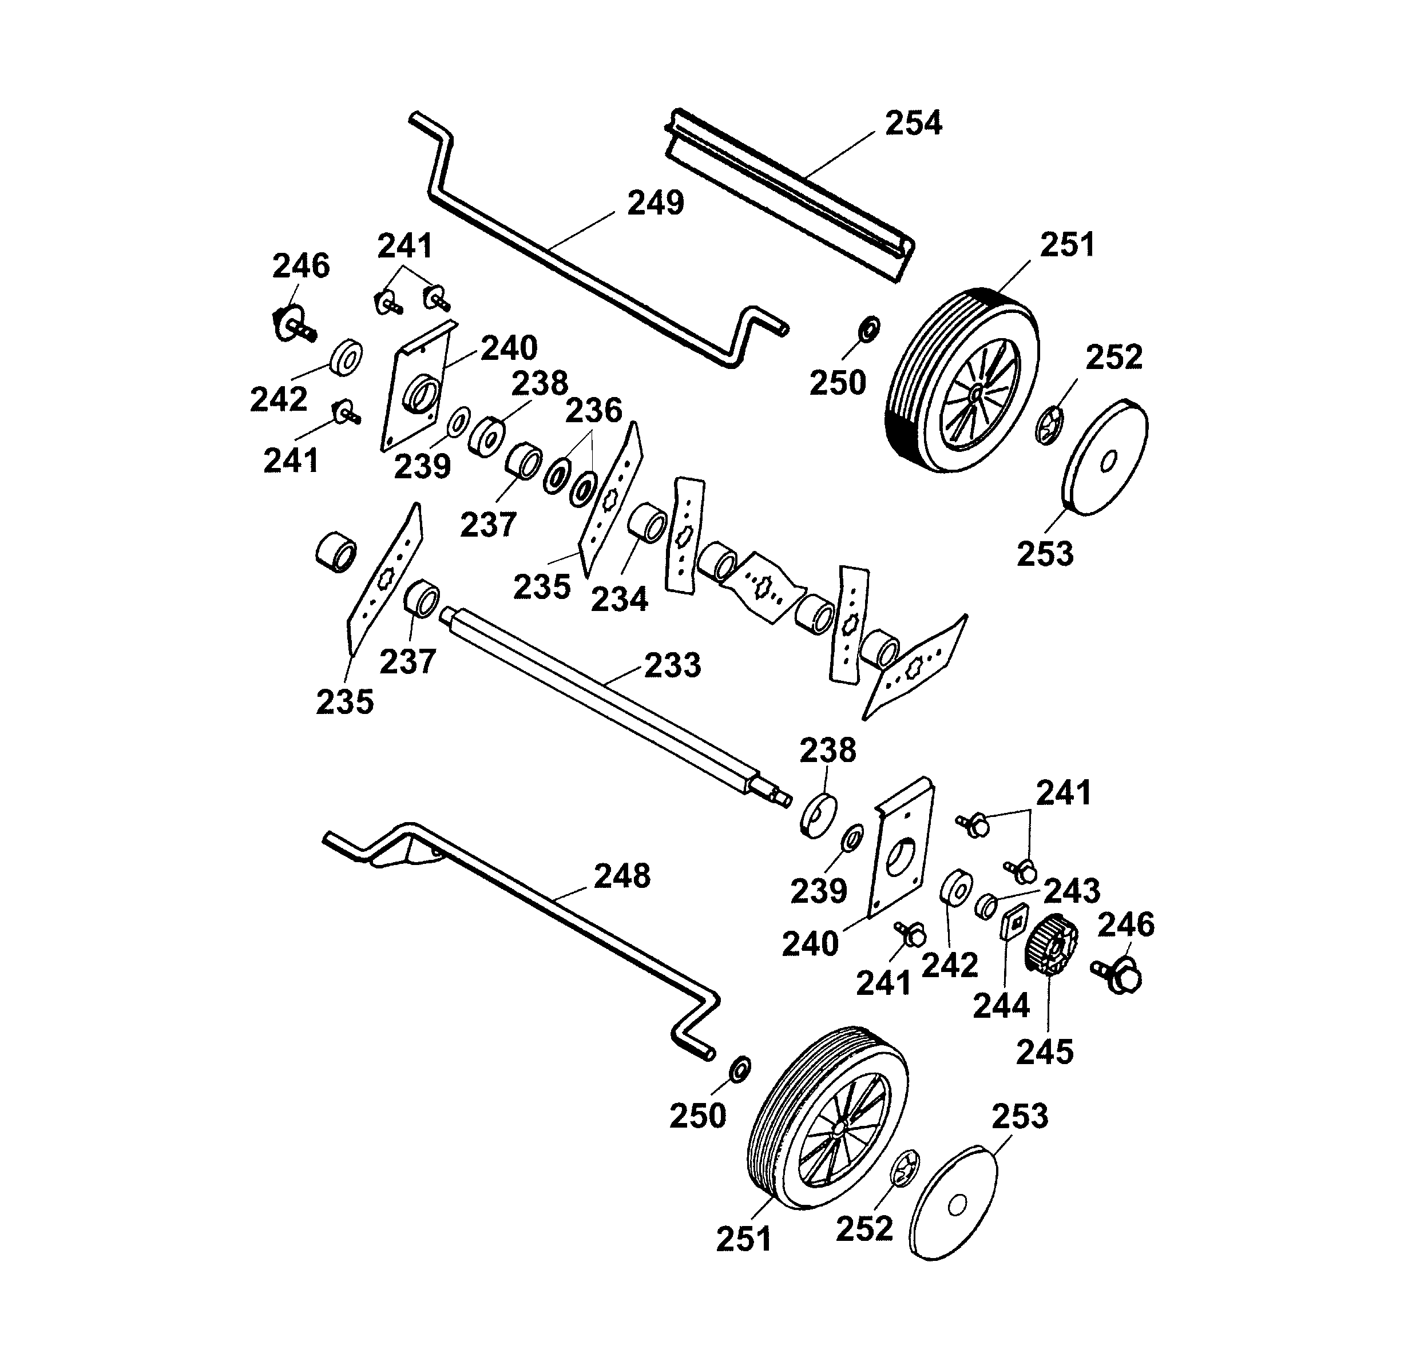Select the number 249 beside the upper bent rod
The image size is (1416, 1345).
click(x=655, y=204)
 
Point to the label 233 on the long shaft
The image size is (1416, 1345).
click(x=672, y=665)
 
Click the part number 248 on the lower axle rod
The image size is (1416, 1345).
click(x=621, y=876)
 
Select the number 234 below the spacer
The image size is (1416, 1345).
click(x=618, y=598)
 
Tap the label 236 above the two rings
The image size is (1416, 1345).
click(x=594, y=411)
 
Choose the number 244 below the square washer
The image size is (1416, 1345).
click(x=1001, y=1006)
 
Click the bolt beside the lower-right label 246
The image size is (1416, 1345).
click(x=1116, y=977)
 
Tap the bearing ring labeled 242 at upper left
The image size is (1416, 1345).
click(x=346, y=356)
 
